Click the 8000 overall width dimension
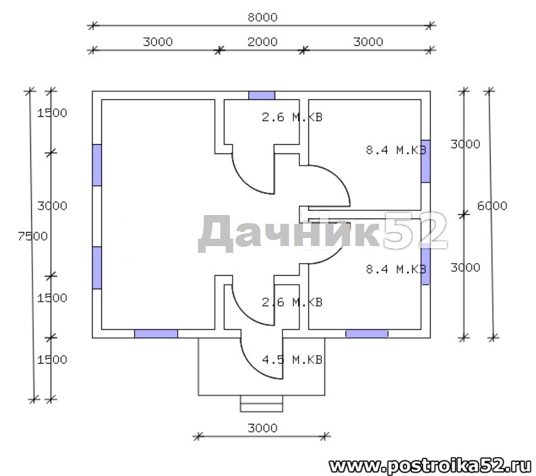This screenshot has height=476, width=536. [262, 17]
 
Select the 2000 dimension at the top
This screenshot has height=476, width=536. [262, 42]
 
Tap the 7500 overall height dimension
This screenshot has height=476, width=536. [33, 236]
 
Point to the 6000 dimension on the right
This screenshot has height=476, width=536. [492, 206]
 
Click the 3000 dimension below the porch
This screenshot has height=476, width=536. [262, 428]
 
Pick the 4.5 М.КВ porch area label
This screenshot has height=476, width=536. [292, 360]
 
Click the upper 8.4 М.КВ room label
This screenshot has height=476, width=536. [396, 150]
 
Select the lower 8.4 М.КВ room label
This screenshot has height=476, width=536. [396, 269]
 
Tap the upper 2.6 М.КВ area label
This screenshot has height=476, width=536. [292, 117]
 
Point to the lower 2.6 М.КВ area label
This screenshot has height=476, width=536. [292, 302]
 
